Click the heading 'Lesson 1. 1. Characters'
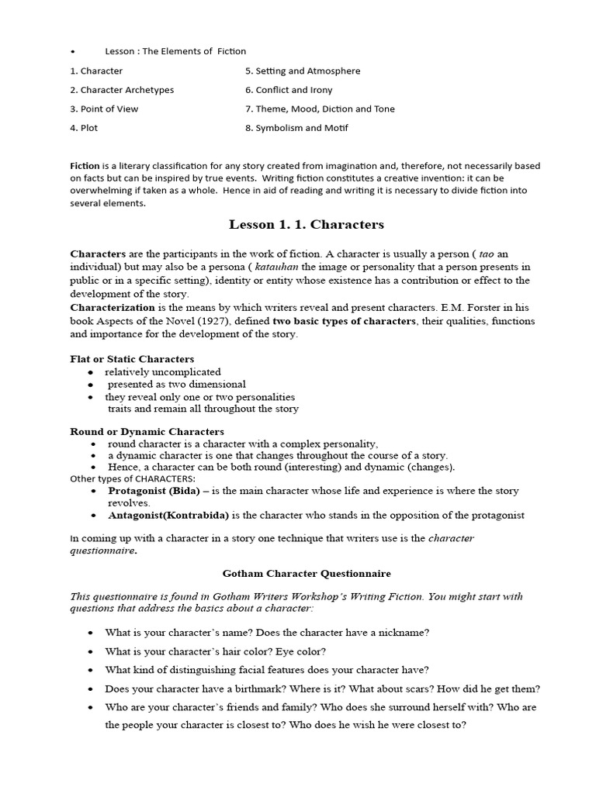tap(307, 225)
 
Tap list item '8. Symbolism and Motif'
tap(296, 128)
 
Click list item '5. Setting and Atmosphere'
tap(303, 71)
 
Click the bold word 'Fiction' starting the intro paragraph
tap(85, 166)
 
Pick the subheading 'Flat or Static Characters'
tap(132, 359)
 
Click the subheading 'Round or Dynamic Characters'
tap(147, 431)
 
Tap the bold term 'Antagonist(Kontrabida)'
tap(164, 515)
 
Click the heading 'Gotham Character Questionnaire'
tap(307, 573)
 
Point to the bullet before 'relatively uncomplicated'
tap(92, 372)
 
